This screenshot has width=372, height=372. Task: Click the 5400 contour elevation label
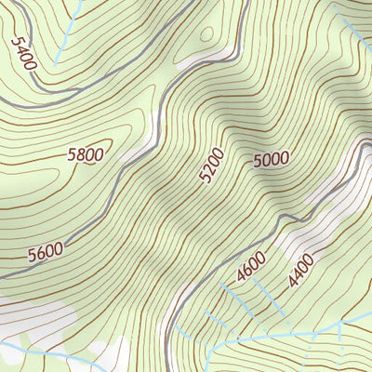pyautogui.click(x=24, y=54)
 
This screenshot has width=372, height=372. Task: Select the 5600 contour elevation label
pyautogui.click(x=46, y=252)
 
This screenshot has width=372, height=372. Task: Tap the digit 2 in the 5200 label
pyautogui.click(x=210, y=168)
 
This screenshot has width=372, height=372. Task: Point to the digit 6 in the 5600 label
pyautogui.click(x=41, y=253)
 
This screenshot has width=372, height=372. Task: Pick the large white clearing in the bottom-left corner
pyautogui.click(x=33, y=321)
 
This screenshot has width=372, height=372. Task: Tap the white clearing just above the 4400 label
pyautogui.click(x=312, y=223)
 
